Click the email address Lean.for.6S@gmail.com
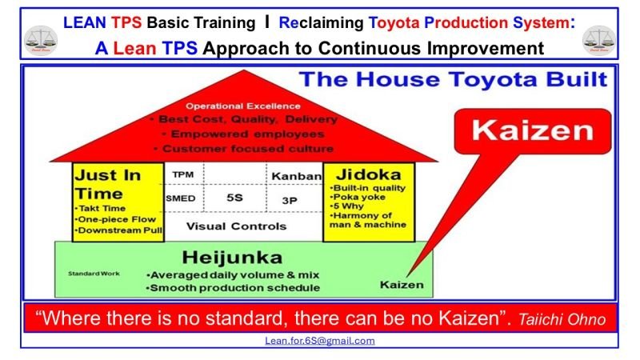coord(320,340)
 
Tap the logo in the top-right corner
coord(598,38)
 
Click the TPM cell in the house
coord(183,174)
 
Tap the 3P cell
coord(290,200)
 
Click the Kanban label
coord(295,175)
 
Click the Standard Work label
coord(94,273)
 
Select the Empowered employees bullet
coord(242,134)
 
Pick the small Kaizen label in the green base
coord(401,284)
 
